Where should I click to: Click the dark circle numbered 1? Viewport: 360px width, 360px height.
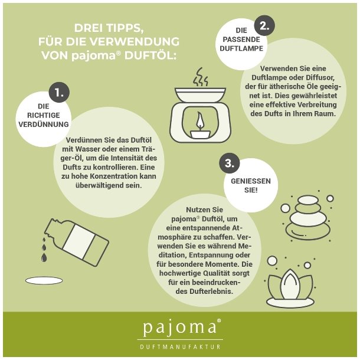59,93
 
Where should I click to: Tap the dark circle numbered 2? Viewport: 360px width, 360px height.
264,25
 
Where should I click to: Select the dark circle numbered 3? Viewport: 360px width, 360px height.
230,163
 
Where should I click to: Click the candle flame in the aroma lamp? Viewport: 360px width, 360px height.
199,119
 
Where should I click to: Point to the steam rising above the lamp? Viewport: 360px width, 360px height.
201,77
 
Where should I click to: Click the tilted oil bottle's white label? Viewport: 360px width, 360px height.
78,242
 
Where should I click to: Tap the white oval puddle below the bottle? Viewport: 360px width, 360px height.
44,280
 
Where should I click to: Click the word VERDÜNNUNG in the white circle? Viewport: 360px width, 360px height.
44,125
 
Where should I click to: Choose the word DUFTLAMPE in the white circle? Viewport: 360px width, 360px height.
241,48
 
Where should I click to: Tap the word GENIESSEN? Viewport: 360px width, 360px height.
251,181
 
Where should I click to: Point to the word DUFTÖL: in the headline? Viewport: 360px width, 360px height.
150,56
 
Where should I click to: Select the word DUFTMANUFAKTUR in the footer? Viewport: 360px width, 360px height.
180,346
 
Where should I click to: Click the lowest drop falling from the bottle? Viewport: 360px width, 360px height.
44,257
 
